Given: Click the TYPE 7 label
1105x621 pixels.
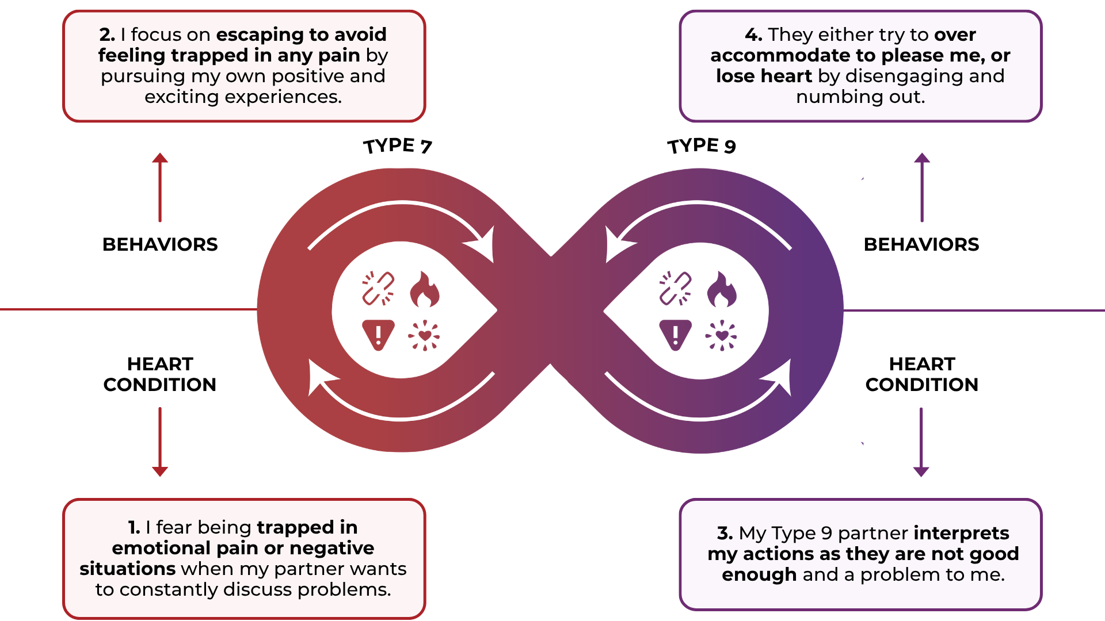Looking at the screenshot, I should (397, 146).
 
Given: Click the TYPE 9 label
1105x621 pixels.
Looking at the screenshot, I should (702, 146).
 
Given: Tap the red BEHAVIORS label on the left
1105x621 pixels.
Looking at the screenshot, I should (160, 244).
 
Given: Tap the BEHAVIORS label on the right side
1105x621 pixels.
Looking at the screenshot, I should (921, 244).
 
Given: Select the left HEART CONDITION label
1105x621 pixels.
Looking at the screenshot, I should (160, 374).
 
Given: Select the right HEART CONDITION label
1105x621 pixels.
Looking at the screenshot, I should (921, 374).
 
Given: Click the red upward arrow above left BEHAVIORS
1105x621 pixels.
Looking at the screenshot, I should (160, 187).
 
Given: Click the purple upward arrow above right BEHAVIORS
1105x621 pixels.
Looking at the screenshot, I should (922, 187).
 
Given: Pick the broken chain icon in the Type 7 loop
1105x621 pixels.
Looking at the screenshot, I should (378, 288).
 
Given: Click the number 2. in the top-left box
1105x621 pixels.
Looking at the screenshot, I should (107, 34).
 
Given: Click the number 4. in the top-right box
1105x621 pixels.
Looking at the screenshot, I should (753, 34).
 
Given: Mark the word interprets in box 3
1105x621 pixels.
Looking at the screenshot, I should (961, 533).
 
